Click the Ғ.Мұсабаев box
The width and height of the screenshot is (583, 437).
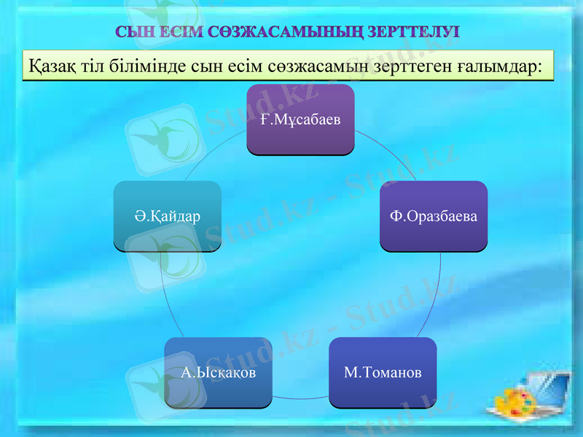300,119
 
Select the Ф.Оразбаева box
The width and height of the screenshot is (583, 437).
434,216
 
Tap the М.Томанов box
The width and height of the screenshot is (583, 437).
383,373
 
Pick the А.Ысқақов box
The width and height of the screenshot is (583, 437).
218,373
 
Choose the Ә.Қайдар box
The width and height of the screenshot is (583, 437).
168,216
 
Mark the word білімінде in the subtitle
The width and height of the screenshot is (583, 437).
145,65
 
